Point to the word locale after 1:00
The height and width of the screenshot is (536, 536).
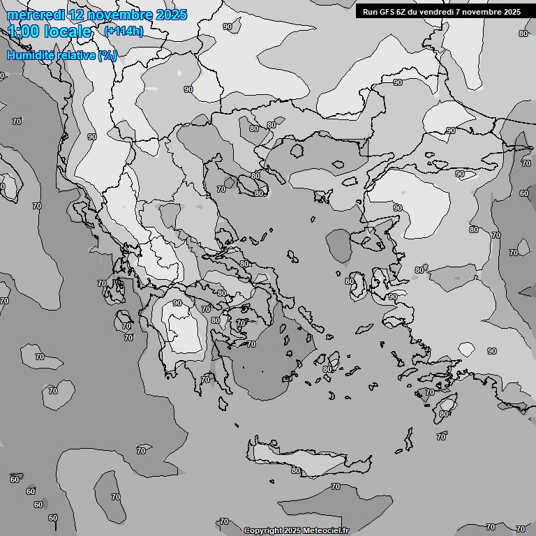[x=68, y=31]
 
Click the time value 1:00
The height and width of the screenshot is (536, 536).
[x=24, y=31]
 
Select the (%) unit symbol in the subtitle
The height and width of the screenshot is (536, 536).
[x=107, y=55]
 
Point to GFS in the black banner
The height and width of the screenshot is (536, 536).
[x=386, y=12]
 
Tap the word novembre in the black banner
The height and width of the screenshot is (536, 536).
[x=482, y=12]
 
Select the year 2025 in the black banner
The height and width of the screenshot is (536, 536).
[x=512, y=12]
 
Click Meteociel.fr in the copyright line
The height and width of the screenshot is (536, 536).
[x=326, y=531]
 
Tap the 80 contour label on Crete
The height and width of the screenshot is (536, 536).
[x=295, y=471]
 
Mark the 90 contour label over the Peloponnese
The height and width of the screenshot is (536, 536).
[x=177, y=303]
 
